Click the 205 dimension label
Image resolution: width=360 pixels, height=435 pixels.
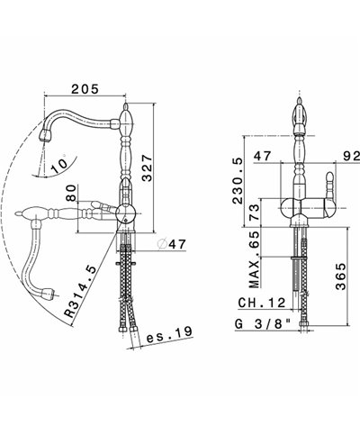[x=85, y=89]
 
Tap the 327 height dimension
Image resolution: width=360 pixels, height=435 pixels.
[x=147, y=168]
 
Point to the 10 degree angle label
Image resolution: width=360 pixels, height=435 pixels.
[x=59, y=165]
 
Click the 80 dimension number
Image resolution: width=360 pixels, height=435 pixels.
[x=71, y=194]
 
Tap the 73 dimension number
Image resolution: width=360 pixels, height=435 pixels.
[x=254, y=213]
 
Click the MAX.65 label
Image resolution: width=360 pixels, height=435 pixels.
[x=254, y=259]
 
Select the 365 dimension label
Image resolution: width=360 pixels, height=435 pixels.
[x=341, y=276]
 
